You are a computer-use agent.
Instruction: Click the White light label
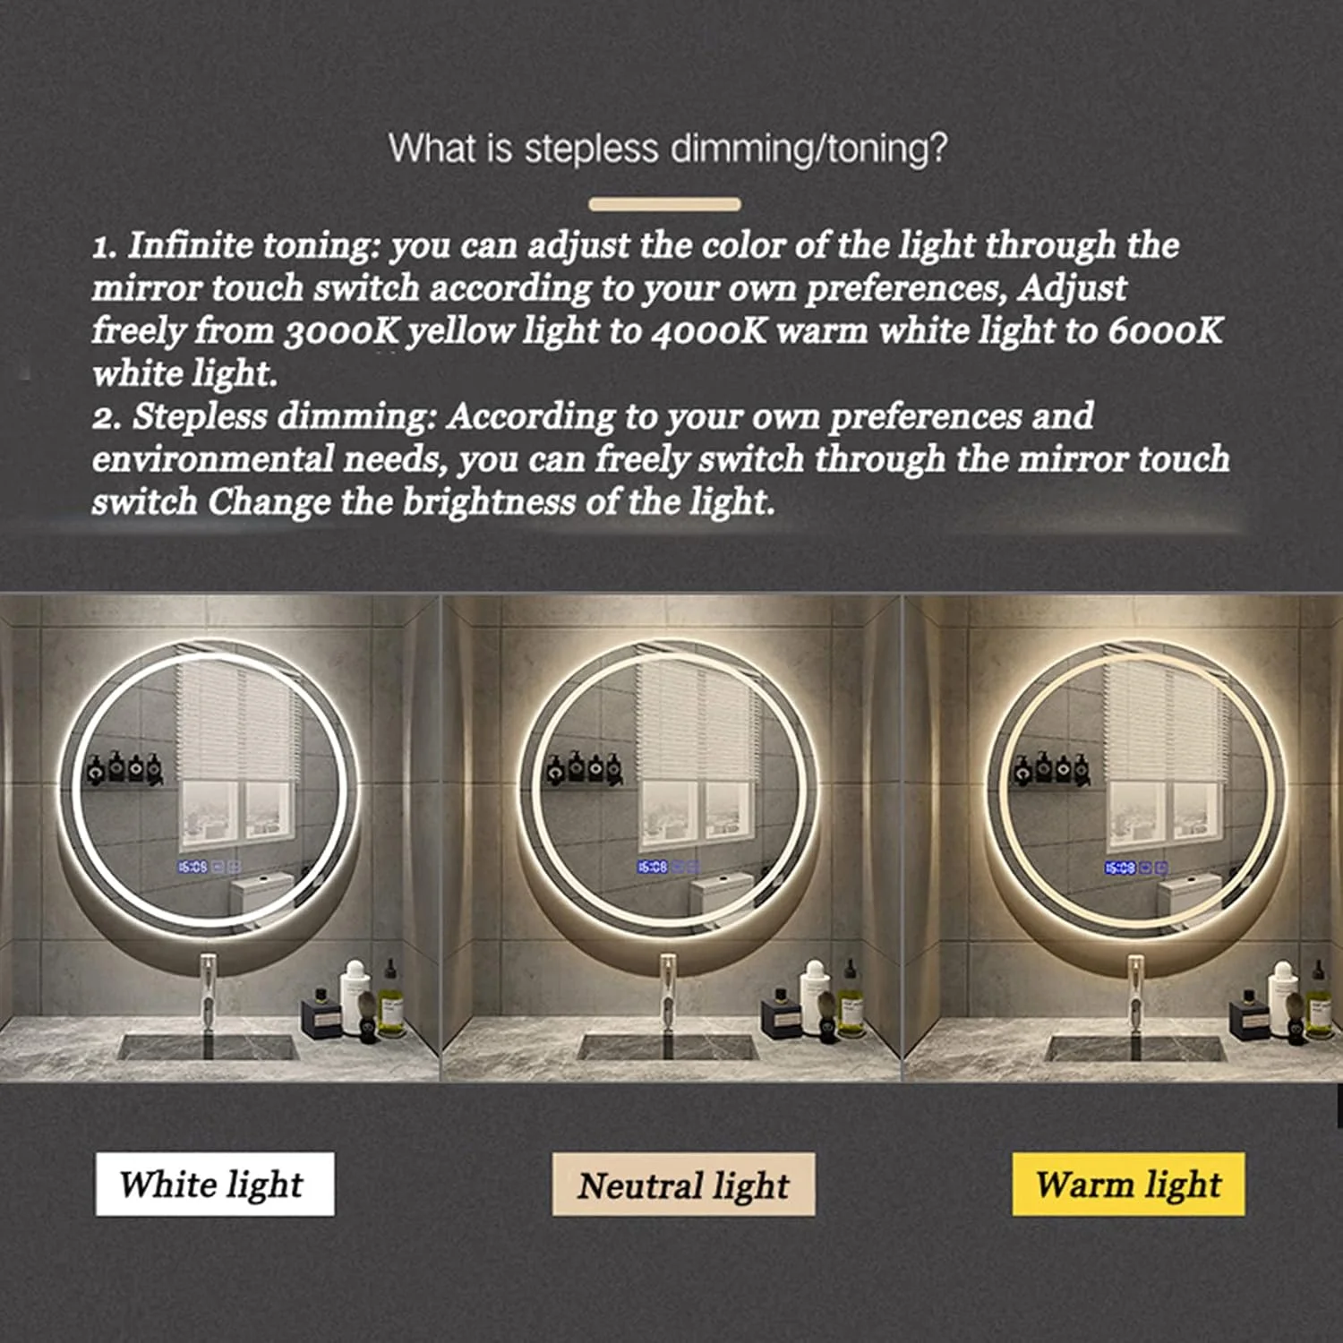[x=215, y=1184]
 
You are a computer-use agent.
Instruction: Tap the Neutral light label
[x=683, y=1184]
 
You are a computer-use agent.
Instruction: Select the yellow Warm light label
[x=1128, y=1184]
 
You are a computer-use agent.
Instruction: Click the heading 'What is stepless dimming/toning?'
[x=668, y=148]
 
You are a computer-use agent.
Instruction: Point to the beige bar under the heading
[x=665, y=204]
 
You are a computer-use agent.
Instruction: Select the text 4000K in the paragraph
[x=709, y=330]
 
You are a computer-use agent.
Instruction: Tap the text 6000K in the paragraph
[x=1165, y=330]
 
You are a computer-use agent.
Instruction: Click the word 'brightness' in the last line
[x=489, y=501]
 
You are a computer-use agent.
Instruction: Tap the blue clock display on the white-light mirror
[x=192, y=867]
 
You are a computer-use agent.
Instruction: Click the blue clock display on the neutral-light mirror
[x=653, y=867]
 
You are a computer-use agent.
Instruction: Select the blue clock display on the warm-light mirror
[x=1120, y=868]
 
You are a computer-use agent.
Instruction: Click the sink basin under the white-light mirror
[x=208, y=1047]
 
